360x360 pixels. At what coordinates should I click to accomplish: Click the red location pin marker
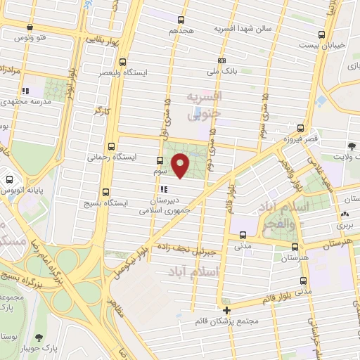pyautogui.click(x=182, y=165)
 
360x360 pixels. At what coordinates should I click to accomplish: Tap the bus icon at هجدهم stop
pyautogui.click(x=182, y=20)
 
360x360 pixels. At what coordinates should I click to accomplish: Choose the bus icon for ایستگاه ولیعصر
pyautogui.click(x=123, y=61)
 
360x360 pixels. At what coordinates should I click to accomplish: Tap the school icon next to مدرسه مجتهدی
pyautogui.click(x=26, y=91)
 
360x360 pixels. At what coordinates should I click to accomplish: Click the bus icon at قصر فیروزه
pyautogui.click(x=301, y=128)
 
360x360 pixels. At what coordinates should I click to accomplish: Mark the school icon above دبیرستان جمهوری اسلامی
pyautogui.click(x=164, y=189)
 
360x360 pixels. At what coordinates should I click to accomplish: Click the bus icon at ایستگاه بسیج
pyautogui.click(x=106, y=192)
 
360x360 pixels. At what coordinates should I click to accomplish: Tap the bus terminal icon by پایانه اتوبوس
pyautogui.click(x=10, y=179)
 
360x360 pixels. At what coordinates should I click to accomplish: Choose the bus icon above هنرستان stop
pyautogui.click(x=295, y=247)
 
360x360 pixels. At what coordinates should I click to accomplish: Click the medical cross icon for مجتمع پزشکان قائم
pyautogui.click(x=226, y=310)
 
